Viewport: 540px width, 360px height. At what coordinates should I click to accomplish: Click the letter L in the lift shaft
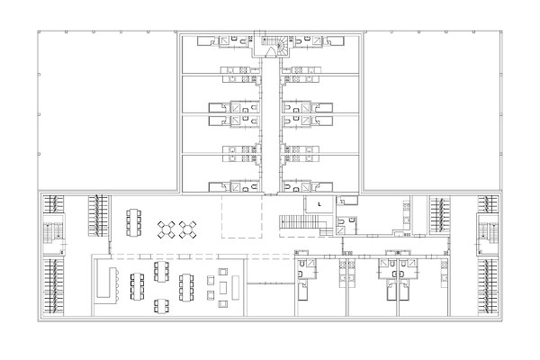pos(319,204)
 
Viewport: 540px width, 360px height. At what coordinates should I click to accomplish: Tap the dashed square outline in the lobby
pos(242,217)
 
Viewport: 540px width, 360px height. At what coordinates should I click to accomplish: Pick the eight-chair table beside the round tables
pos(133,222)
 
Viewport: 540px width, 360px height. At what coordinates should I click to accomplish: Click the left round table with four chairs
pos(166,229)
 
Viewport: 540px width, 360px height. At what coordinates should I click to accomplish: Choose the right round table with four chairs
pos(188,229)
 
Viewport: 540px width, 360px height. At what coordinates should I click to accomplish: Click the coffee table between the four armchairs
pos(223,287)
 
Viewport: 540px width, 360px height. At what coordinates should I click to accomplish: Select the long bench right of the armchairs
pos(236,288)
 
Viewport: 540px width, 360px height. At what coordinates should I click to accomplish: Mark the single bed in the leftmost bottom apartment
pos(302,290)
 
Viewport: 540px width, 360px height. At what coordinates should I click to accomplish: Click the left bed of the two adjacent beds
pos(393,290)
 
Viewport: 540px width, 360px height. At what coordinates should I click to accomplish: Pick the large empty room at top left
pos(107,111)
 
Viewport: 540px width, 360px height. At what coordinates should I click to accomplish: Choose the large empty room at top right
pos(432,111)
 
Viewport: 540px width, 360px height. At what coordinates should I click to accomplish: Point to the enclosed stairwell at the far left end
pos(54,235)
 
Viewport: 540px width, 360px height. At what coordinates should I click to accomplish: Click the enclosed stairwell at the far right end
pos(488,235)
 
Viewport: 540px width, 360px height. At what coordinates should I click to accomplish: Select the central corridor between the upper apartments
pos(270,125)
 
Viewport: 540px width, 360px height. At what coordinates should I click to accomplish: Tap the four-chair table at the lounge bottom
pos(161,306)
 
